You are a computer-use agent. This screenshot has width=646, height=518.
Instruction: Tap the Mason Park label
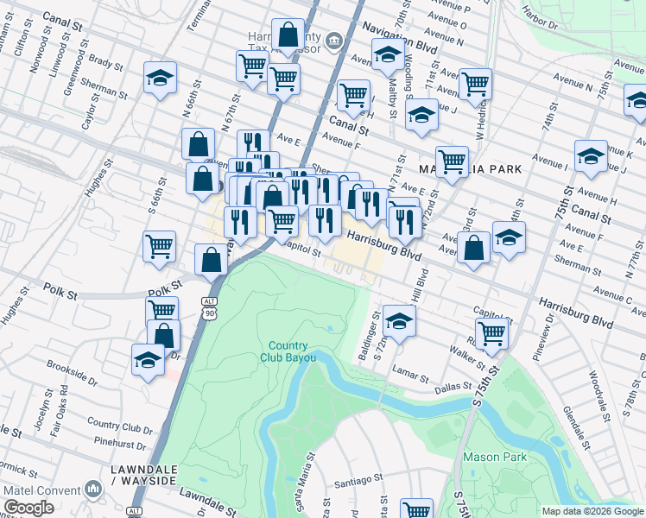pyautogui.click(x=489, y=457)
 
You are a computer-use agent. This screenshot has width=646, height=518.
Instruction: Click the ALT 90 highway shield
pyautogui.click(x=209, y=306)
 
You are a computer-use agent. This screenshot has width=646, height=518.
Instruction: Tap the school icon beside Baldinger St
pyautogui.click(x=398, y=322)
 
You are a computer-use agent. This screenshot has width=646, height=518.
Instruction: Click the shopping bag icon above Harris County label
pyautogui.click(x=288, y=35)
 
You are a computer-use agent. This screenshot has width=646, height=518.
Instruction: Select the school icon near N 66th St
pyautogui.click(x=160, y=79)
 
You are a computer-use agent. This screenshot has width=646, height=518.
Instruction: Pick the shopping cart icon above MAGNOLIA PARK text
pyautogui.click(x=452, y=161)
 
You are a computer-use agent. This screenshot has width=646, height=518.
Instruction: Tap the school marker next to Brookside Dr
pyautogui.click(x=149, y=361)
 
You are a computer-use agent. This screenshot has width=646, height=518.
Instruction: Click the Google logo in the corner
pyautogui.click(x=28, y=508)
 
